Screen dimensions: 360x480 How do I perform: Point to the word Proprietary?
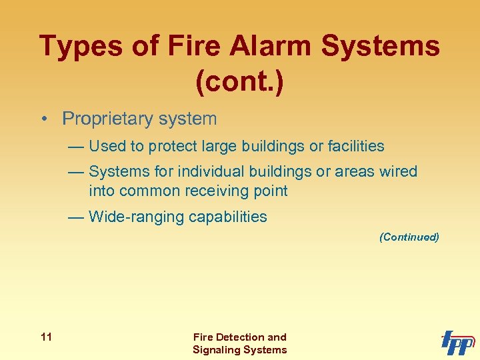click(106, 119)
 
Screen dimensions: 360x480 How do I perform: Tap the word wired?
click(398, 171)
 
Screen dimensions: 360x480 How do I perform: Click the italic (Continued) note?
click(409, 237)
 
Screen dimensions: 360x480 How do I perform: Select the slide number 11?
click(45, 337)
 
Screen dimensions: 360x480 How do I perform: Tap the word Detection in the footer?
click(241, 337)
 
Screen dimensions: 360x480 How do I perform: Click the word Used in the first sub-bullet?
click(102, 146)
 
